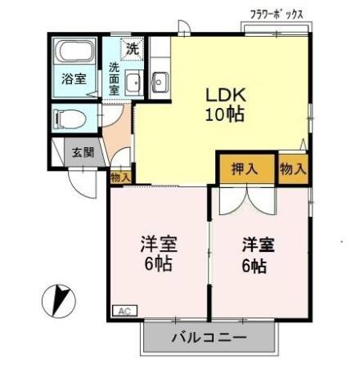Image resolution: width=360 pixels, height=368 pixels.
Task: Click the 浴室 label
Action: click(74, 79)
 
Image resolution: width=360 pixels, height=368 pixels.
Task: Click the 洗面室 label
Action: click(115, 79)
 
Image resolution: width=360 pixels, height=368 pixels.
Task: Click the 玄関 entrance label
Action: click(82, 152)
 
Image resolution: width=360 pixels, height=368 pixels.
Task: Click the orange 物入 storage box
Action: click(293, 169)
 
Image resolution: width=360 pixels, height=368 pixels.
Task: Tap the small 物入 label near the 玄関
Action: click(120, 176)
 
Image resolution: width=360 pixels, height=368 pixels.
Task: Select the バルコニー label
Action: click(209, 337)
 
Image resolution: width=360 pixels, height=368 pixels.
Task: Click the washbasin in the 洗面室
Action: click(132, 81)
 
